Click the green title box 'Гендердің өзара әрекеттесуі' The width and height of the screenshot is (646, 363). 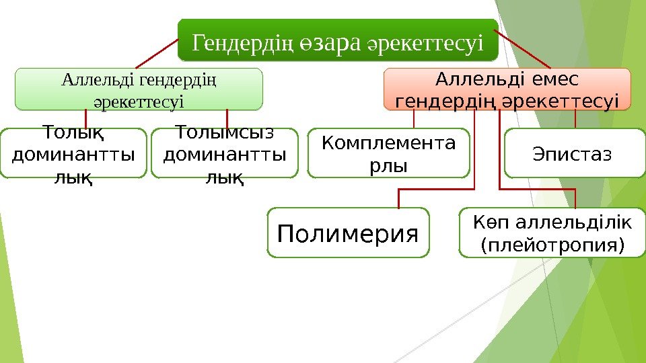tap(338, 40)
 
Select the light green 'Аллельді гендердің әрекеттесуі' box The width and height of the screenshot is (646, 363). tap(138, 89)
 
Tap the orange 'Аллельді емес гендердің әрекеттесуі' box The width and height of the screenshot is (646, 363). tap(507, 89)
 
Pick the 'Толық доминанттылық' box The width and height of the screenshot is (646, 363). tap(73, 153)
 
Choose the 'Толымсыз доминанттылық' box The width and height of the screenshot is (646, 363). tap(224, 153)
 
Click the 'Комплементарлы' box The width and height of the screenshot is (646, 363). tap(388, 153)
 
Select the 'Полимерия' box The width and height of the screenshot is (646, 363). tap(348, 233)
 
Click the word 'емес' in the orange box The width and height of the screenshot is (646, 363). tap(555, 80)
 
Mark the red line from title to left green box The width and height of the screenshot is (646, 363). tap(156, 54)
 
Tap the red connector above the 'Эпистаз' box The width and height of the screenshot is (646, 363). tap(575, 119)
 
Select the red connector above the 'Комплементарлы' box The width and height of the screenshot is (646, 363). tap(414, 119)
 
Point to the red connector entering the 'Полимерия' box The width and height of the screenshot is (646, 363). tap(399, 199)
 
